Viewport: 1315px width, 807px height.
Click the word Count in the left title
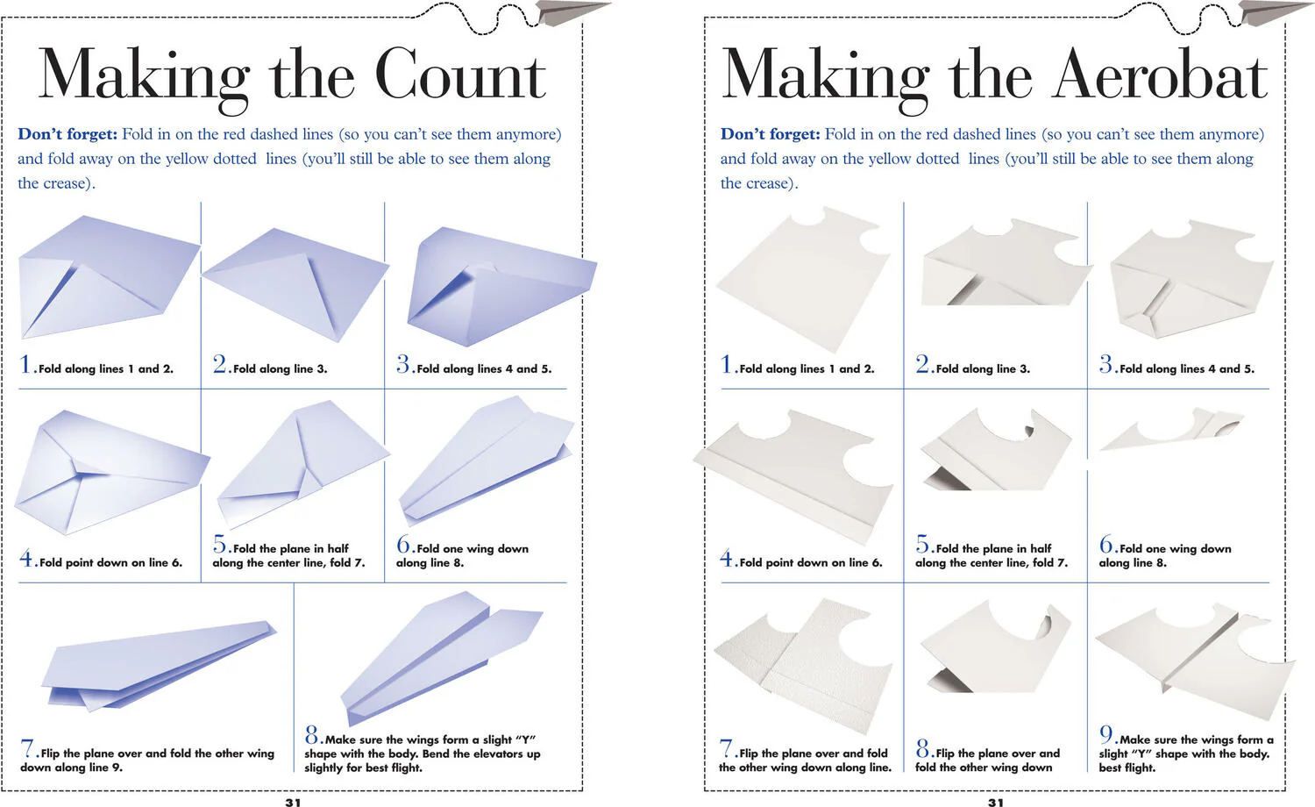point(461,75)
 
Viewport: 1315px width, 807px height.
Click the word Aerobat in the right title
point(1159,75)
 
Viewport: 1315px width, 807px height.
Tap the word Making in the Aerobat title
point(826,79)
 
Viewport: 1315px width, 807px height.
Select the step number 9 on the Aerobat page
point(1106,735)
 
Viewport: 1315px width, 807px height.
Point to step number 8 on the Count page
point(312,735)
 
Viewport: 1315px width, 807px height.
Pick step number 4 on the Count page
point(26,558)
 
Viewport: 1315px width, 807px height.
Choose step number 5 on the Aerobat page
point(923,544)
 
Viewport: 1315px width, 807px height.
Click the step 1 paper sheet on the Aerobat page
point(804,279)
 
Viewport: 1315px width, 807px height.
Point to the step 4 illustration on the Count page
point(111,472)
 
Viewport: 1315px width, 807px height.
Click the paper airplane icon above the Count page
point(572,11)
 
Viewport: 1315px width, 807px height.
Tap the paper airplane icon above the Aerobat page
point(1275,11)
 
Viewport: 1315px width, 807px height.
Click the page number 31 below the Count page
point(293,802)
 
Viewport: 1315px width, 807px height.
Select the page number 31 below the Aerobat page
point(996,802)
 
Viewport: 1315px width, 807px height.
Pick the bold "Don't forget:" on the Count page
point(68,134)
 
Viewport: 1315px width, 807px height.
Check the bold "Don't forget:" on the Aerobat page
point(771,134)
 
